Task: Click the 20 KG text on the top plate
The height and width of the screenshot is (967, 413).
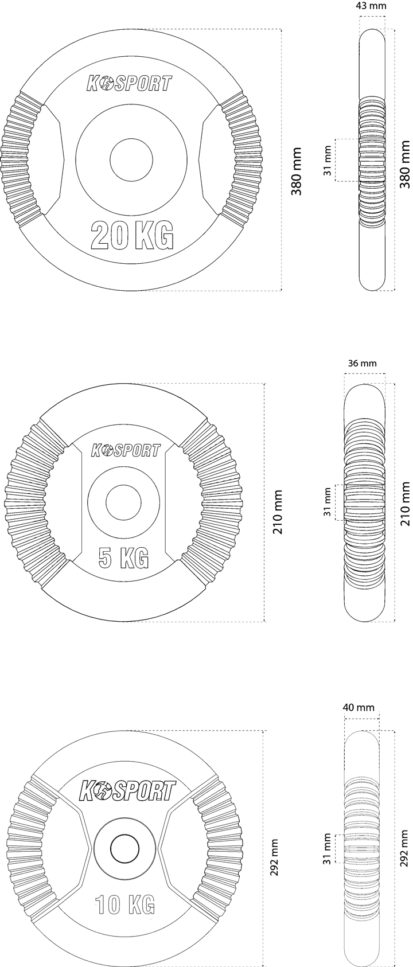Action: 131,235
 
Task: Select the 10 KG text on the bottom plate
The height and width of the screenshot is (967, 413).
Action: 124,892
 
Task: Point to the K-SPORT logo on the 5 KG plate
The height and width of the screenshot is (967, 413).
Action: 125,450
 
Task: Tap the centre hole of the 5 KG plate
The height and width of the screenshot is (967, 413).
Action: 124,502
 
